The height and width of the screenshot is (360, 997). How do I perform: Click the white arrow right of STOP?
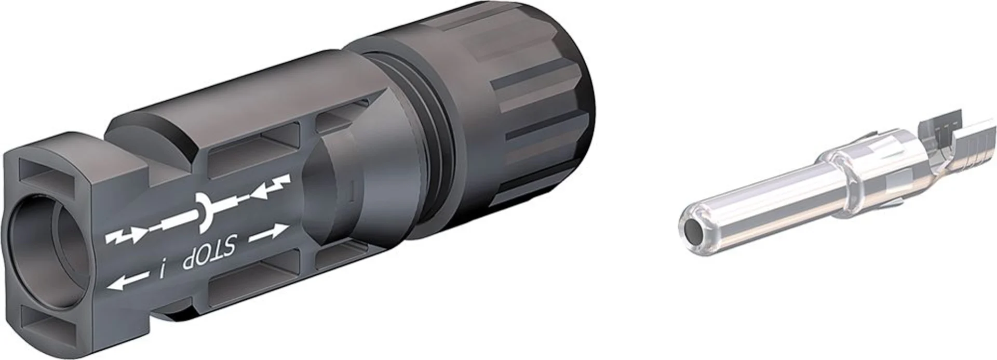(x=268, y=233)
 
